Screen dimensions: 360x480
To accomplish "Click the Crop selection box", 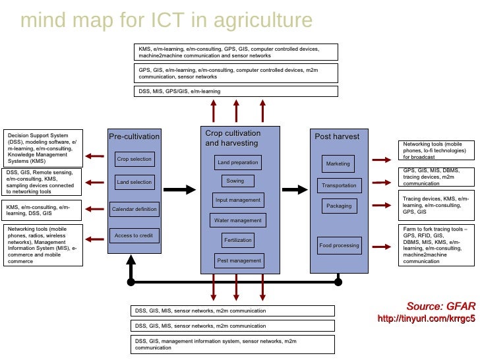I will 135,159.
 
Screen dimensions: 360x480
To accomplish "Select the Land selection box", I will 135,182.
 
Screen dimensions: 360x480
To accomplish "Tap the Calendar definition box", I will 135,209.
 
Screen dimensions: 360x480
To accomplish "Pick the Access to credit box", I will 135,235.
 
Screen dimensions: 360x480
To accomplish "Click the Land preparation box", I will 238,162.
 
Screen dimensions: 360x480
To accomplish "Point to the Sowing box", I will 235,181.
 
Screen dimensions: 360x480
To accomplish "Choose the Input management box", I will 238,200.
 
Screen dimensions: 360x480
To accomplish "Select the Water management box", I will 238,220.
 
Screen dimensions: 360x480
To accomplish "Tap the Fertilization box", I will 238,241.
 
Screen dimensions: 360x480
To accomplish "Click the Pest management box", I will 239,260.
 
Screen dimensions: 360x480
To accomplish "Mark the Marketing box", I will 338,164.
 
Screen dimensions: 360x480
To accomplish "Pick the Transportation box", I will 339,185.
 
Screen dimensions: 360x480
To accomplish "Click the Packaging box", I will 339,206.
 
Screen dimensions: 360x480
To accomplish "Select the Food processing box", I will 339,245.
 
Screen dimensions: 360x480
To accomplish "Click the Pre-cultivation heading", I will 134,136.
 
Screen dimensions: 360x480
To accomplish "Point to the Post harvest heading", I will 337,136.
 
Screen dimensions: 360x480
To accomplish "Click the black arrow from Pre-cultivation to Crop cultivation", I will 179,190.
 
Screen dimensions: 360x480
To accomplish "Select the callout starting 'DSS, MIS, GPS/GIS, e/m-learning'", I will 236,91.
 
